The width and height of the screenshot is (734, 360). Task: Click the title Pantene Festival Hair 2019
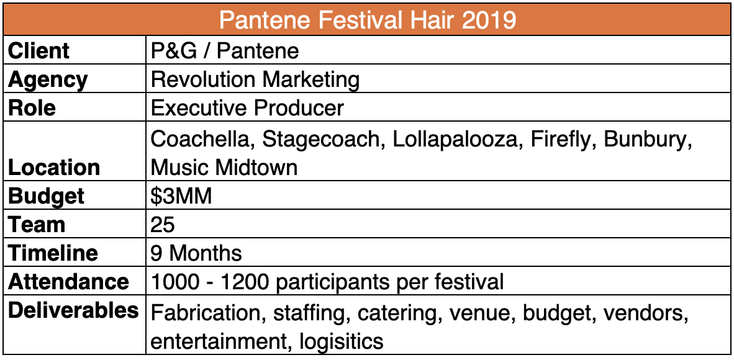pos(368,20)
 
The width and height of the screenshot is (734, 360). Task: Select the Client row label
pos(39,51)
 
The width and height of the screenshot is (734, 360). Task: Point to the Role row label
pos(32,109)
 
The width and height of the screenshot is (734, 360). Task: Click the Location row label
pos(54,168)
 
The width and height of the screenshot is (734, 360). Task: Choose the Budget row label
pos(47,197)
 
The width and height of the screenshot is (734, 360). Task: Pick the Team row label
pos(37,225)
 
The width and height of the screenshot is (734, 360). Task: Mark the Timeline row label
pos(53,254)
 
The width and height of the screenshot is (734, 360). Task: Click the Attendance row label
pos(68,282)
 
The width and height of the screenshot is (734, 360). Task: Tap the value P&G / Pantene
pos(225,51)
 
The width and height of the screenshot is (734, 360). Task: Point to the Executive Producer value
pos(247,109)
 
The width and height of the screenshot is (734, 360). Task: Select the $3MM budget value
pos(181,197)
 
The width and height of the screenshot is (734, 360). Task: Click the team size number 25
pos(163,225)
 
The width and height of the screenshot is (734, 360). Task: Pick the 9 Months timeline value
pos(196,254)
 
